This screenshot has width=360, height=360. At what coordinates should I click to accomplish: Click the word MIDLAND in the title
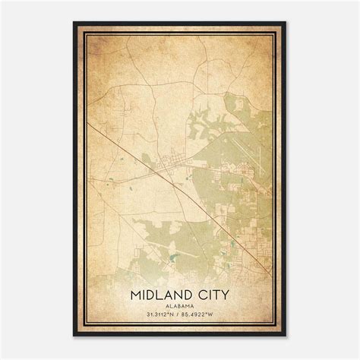pos(163,293)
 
